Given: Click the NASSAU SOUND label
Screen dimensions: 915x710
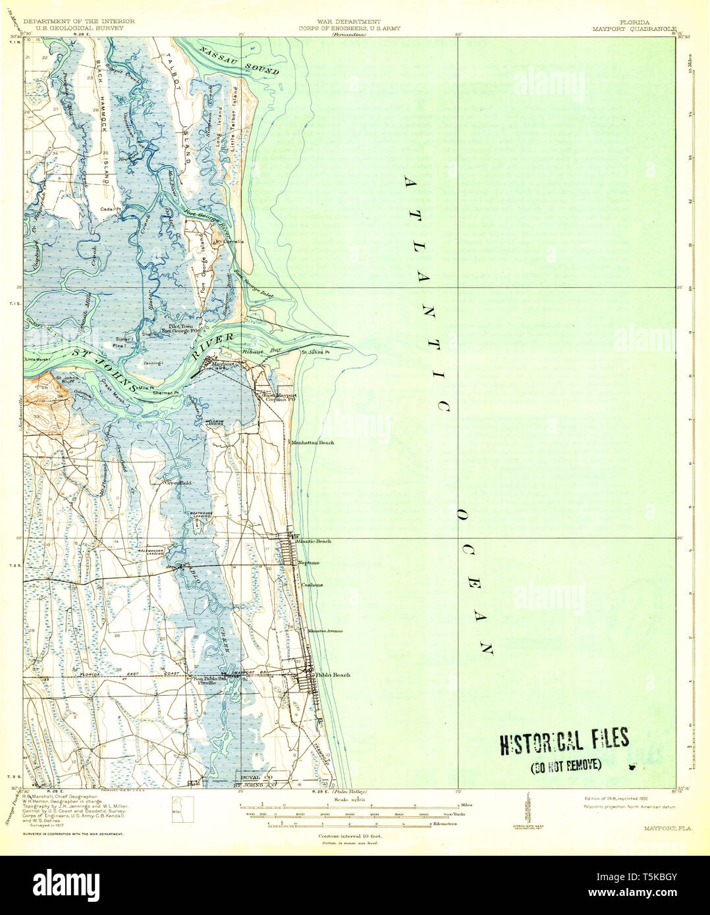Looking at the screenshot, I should tap(240, 59).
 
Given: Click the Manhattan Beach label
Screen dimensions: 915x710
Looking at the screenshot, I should tap(313, 443).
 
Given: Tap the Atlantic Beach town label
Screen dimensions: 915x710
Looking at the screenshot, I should tap(313, 541).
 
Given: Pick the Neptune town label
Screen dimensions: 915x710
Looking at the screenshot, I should tap(308, 563).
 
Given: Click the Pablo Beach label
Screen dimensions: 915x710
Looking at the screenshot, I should tap(333, 675).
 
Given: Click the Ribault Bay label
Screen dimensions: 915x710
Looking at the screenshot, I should tap(271, 353).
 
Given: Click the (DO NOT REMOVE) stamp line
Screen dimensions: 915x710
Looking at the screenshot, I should tap(566, 765).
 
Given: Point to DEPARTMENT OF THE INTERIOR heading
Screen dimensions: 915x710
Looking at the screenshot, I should tap(78, 22).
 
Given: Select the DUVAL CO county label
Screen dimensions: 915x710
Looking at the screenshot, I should tap(254, 777).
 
